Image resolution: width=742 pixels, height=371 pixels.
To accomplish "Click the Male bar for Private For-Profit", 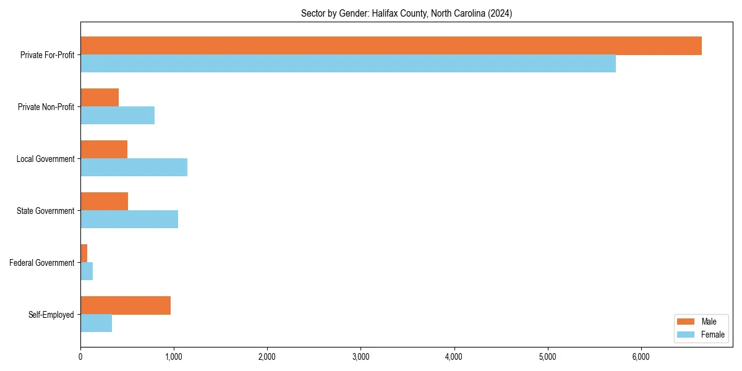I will coord(391,46).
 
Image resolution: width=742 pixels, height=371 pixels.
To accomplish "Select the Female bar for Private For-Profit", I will coord(348,64).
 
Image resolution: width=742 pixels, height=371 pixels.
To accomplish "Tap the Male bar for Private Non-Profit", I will coord(100,98).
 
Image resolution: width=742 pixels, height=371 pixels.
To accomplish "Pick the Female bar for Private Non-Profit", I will coord(117,116).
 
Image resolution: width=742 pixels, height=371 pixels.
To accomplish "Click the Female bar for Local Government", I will coord(134,168).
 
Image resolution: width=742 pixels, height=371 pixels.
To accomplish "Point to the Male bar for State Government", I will coord(104,202).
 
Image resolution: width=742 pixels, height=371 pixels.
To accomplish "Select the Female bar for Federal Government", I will coord(87,271).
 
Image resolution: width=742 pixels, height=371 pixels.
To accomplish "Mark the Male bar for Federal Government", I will coord(84,254).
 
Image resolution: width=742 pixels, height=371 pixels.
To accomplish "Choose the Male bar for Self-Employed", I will coord(126,305).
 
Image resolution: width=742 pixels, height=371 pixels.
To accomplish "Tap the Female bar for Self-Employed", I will coord(96,323).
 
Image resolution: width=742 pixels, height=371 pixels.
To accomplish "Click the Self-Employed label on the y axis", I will coord(51,315).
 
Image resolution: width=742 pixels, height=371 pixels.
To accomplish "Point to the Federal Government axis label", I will coord(42,263).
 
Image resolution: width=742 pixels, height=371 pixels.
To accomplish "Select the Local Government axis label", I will coord(45,159).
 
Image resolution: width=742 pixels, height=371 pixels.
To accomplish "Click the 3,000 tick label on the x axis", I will coord(360,356).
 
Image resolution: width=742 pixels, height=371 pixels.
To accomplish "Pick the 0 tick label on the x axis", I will coord(80,356).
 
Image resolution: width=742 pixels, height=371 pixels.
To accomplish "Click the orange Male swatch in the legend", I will coord(686,322).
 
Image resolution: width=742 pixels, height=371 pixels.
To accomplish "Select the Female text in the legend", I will coord(713,335).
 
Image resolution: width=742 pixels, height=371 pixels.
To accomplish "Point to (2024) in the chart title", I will coord(500,13).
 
